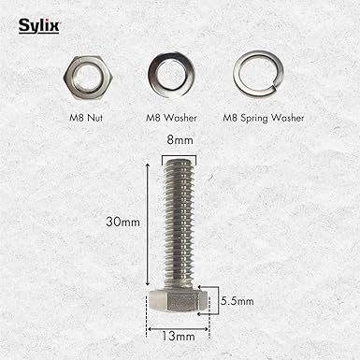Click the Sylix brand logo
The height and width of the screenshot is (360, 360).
pyautogui.click(x=38, y=26)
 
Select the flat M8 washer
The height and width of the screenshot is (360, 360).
pyautogui.click(x=171, y=75)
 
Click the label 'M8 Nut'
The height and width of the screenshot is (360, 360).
pyautogui.click(x=86, y=118)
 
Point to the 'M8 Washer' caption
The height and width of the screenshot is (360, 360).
pyautogui.click(x=171, y=118)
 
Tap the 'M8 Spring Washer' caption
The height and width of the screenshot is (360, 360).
pyautogui.click(x=264, y=118)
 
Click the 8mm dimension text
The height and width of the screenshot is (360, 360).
pyautogui.click(x=180, y=140)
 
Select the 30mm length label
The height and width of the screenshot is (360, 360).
pyautogui.click(x=122, y=222)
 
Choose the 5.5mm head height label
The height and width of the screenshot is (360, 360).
pyautogui.click(x=238, y=301)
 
